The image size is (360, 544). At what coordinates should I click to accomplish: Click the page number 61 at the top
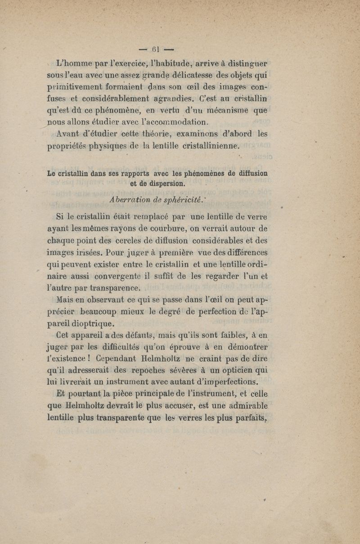pos(156,49)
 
